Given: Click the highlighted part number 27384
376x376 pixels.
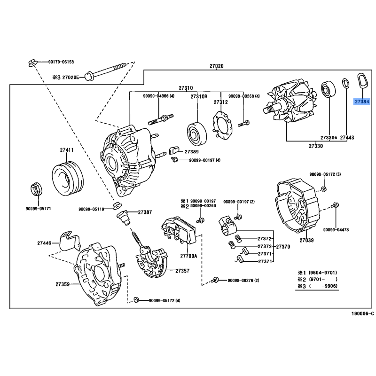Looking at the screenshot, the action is (x=362, y=102).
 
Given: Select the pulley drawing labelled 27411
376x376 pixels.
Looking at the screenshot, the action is (x=68, y=178).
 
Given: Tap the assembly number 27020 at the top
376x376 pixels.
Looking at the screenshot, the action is (x=216, y=66).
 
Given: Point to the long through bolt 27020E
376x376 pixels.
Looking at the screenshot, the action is (x=105, y=72).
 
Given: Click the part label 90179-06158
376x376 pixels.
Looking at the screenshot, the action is (x=61, y=62).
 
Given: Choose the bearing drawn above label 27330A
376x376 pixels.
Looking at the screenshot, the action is (x=328, y=90).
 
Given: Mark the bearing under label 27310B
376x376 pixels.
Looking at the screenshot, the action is (x=196, y=134).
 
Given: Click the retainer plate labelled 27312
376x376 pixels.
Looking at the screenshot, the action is (x=223, y=125).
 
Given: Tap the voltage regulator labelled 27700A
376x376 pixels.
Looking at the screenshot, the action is (x=179, y=230).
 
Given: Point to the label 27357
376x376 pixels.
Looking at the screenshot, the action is (x=182, y=271).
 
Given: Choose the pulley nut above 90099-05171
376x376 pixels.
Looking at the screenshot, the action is (x=36, y=189).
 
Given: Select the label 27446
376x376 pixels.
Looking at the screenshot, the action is (x=44, y=243).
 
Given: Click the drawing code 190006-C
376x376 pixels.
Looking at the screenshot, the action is (x=362, y=313).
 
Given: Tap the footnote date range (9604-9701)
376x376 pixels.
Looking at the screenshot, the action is (x=323, y=273).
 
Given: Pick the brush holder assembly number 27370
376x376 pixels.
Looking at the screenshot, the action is (x=283, y=246).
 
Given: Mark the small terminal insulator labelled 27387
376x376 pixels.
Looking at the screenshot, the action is (x=124, y=217).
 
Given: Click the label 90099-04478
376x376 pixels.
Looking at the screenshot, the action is (x=336, y=230).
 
